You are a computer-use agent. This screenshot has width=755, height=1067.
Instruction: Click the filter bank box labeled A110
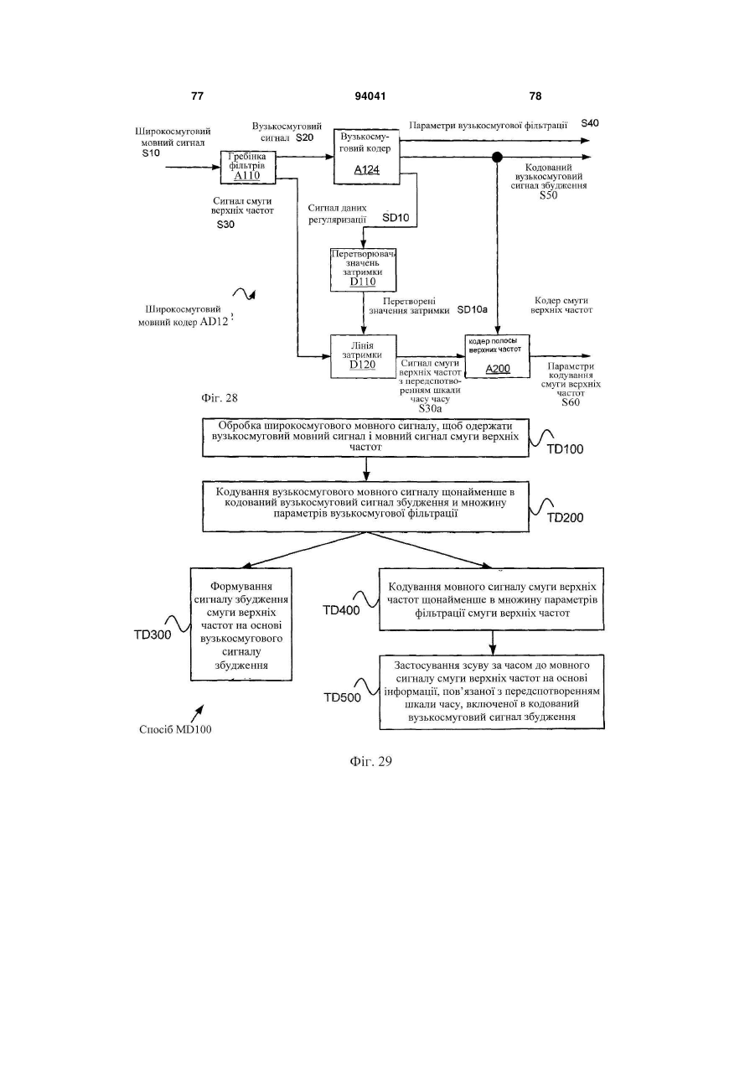pos(248,167)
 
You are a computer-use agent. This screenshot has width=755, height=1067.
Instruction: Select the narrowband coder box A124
pos(366,156)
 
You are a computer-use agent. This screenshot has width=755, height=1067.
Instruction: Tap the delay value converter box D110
pos(364,270)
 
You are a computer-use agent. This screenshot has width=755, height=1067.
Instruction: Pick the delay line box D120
pos(364,356)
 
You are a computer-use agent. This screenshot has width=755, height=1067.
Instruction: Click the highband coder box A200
pos(497,356)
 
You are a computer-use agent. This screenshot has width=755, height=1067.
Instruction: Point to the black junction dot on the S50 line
pos(497,157)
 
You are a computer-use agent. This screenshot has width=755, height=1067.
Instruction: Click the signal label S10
pos(151,153)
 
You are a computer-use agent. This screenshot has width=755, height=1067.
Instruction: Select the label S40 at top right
pos(590,123)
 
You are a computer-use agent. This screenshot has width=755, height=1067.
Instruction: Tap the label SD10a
pos(472,310)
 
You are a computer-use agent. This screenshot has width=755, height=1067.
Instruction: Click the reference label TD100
pos(565,449)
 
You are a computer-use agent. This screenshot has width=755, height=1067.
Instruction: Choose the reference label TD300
pos(153,635)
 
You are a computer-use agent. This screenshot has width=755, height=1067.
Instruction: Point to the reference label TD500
pos(343,698)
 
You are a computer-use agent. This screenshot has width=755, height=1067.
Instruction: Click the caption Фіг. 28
pos(219,398)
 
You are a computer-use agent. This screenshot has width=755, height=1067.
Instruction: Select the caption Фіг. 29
pos(371,761)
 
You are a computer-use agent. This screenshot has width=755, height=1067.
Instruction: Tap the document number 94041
pos(370,96)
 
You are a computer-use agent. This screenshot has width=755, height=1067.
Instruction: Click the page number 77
pos(197,96)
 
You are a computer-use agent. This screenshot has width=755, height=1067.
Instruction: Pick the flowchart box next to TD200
pos(366,506)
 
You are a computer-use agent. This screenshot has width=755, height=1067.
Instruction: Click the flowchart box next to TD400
pos(492,599)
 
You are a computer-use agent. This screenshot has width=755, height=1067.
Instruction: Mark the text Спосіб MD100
pos(175,729)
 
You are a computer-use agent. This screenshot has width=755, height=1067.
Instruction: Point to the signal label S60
pos(571,402)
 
